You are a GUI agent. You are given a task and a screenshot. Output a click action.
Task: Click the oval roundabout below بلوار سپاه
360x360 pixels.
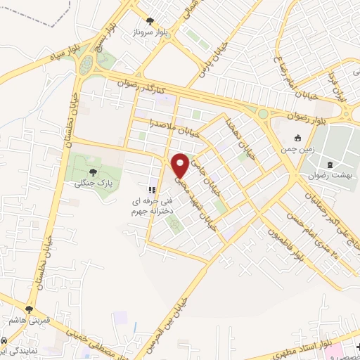click(86, 65)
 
